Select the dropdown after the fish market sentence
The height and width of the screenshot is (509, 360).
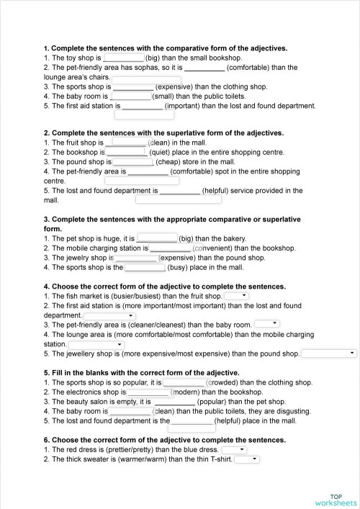(x=237, y=296)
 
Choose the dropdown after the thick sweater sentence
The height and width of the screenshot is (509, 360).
(x=246, y=459)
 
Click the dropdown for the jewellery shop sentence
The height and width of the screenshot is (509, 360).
(x=329, y=353)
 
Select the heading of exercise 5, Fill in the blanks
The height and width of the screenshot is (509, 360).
(x=141, y=373)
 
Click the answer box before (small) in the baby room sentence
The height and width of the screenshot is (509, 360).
(x=131, y=96)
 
